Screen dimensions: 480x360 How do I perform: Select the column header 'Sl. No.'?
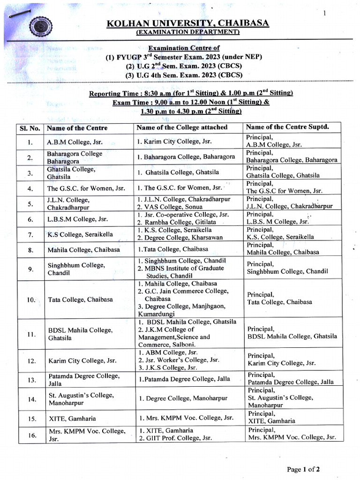[30, 128]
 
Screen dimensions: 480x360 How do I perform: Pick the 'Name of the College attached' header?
[182, 127]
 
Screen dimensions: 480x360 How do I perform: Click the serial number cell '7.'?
[30, 234]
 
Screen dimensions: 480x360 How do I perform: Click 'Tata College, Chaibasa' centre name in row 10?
[80, 300]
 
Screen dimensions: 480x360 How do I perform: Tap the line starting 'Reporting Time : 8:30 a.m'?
[191, 93]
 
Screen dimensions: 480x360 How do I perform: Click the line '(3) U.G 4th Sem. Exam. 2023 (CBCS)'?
[190, 75]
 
